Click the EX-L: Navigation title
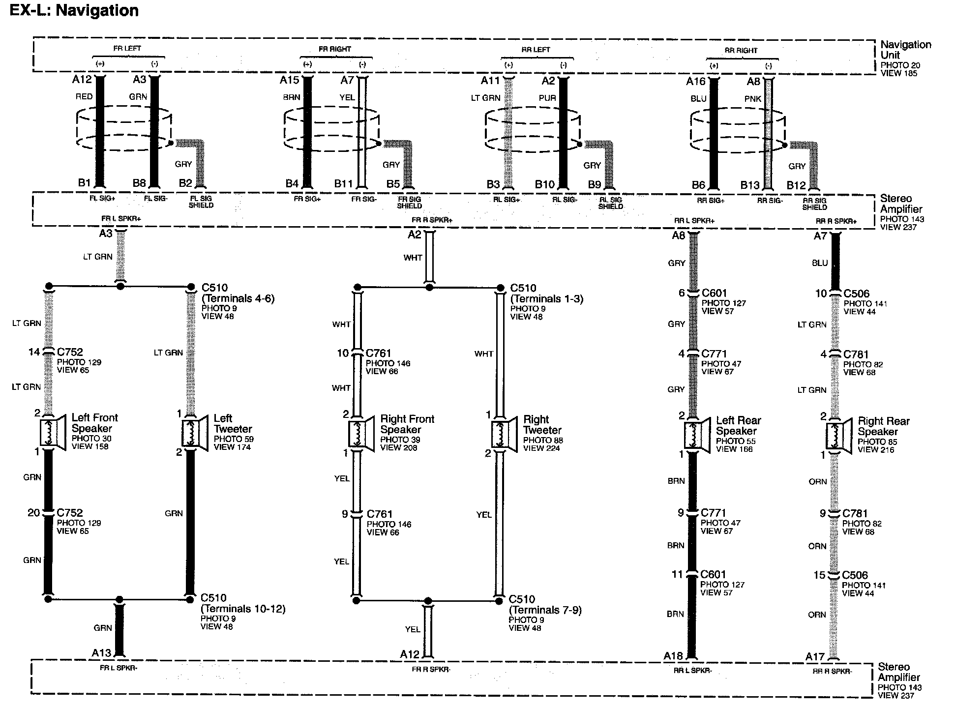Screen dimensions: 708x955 point(74,10)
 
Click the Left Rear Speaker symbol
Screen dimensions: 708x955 point(696,436)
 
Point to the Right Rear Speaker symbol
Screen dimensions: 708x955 point(838,436)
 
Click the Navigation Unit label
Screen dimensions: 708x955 point(905,50)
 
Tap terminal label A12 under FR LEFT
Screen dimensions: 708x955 point(82,79)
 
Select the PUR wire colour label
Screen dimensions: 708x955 point(547,98)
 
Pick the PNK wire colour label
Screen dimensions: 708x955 point(752,99)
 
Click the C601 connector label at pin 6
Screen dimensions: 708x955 point(714,293)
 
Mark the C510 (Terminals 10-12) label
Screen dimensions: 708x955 point(242,603)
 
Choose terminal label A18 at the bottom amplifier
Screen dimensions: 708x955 point(673,656)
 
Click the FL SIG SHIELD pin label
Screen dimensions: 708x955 point(201,202)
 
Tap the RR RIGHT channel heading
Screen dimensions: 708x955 point(741,50)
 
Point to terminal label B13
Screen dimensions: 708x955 point(750,185)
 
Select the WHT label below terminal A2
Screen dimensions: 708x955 point(413,257)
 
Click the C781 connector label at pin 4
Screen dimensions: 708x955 point(856,354)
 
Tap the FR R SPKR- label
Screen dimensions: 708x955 point(431,669)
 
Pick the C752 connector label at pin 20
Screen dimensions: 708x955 point(70,513)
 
